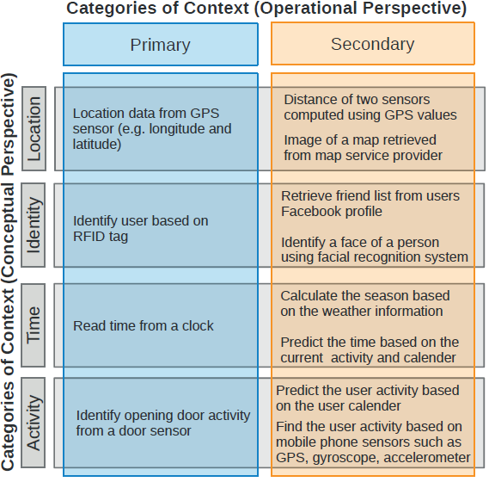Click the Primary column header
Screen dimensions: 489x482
(x=161, y=45)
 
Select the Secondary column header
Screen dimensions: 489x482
(x=373, y=44)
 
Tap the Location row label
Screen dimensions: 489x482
(x=34, y=129)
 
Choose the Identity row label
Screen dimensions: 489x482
(x=34, y=225)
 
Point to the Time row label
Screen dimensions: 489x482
(x=34, y=324)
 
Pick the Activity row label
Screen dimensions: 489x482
(x=34, y=423)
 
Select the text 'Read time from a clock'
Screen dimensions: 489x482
(x=144, y=326)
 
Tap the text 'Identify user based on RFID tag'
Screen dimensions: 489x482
(x=141, y=228)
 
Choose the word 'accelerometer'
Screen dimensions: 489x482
(x=427, y=457)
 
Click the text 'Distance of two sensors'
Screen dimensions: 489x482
(x=357, y=100)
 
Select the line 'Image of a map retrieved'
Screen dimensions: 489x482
(x=360, y=140)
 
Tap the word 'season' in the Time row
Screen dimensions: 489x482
(x=382, y=296)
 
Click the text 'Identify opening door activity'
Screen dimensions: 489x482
(x=163, y=416)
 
